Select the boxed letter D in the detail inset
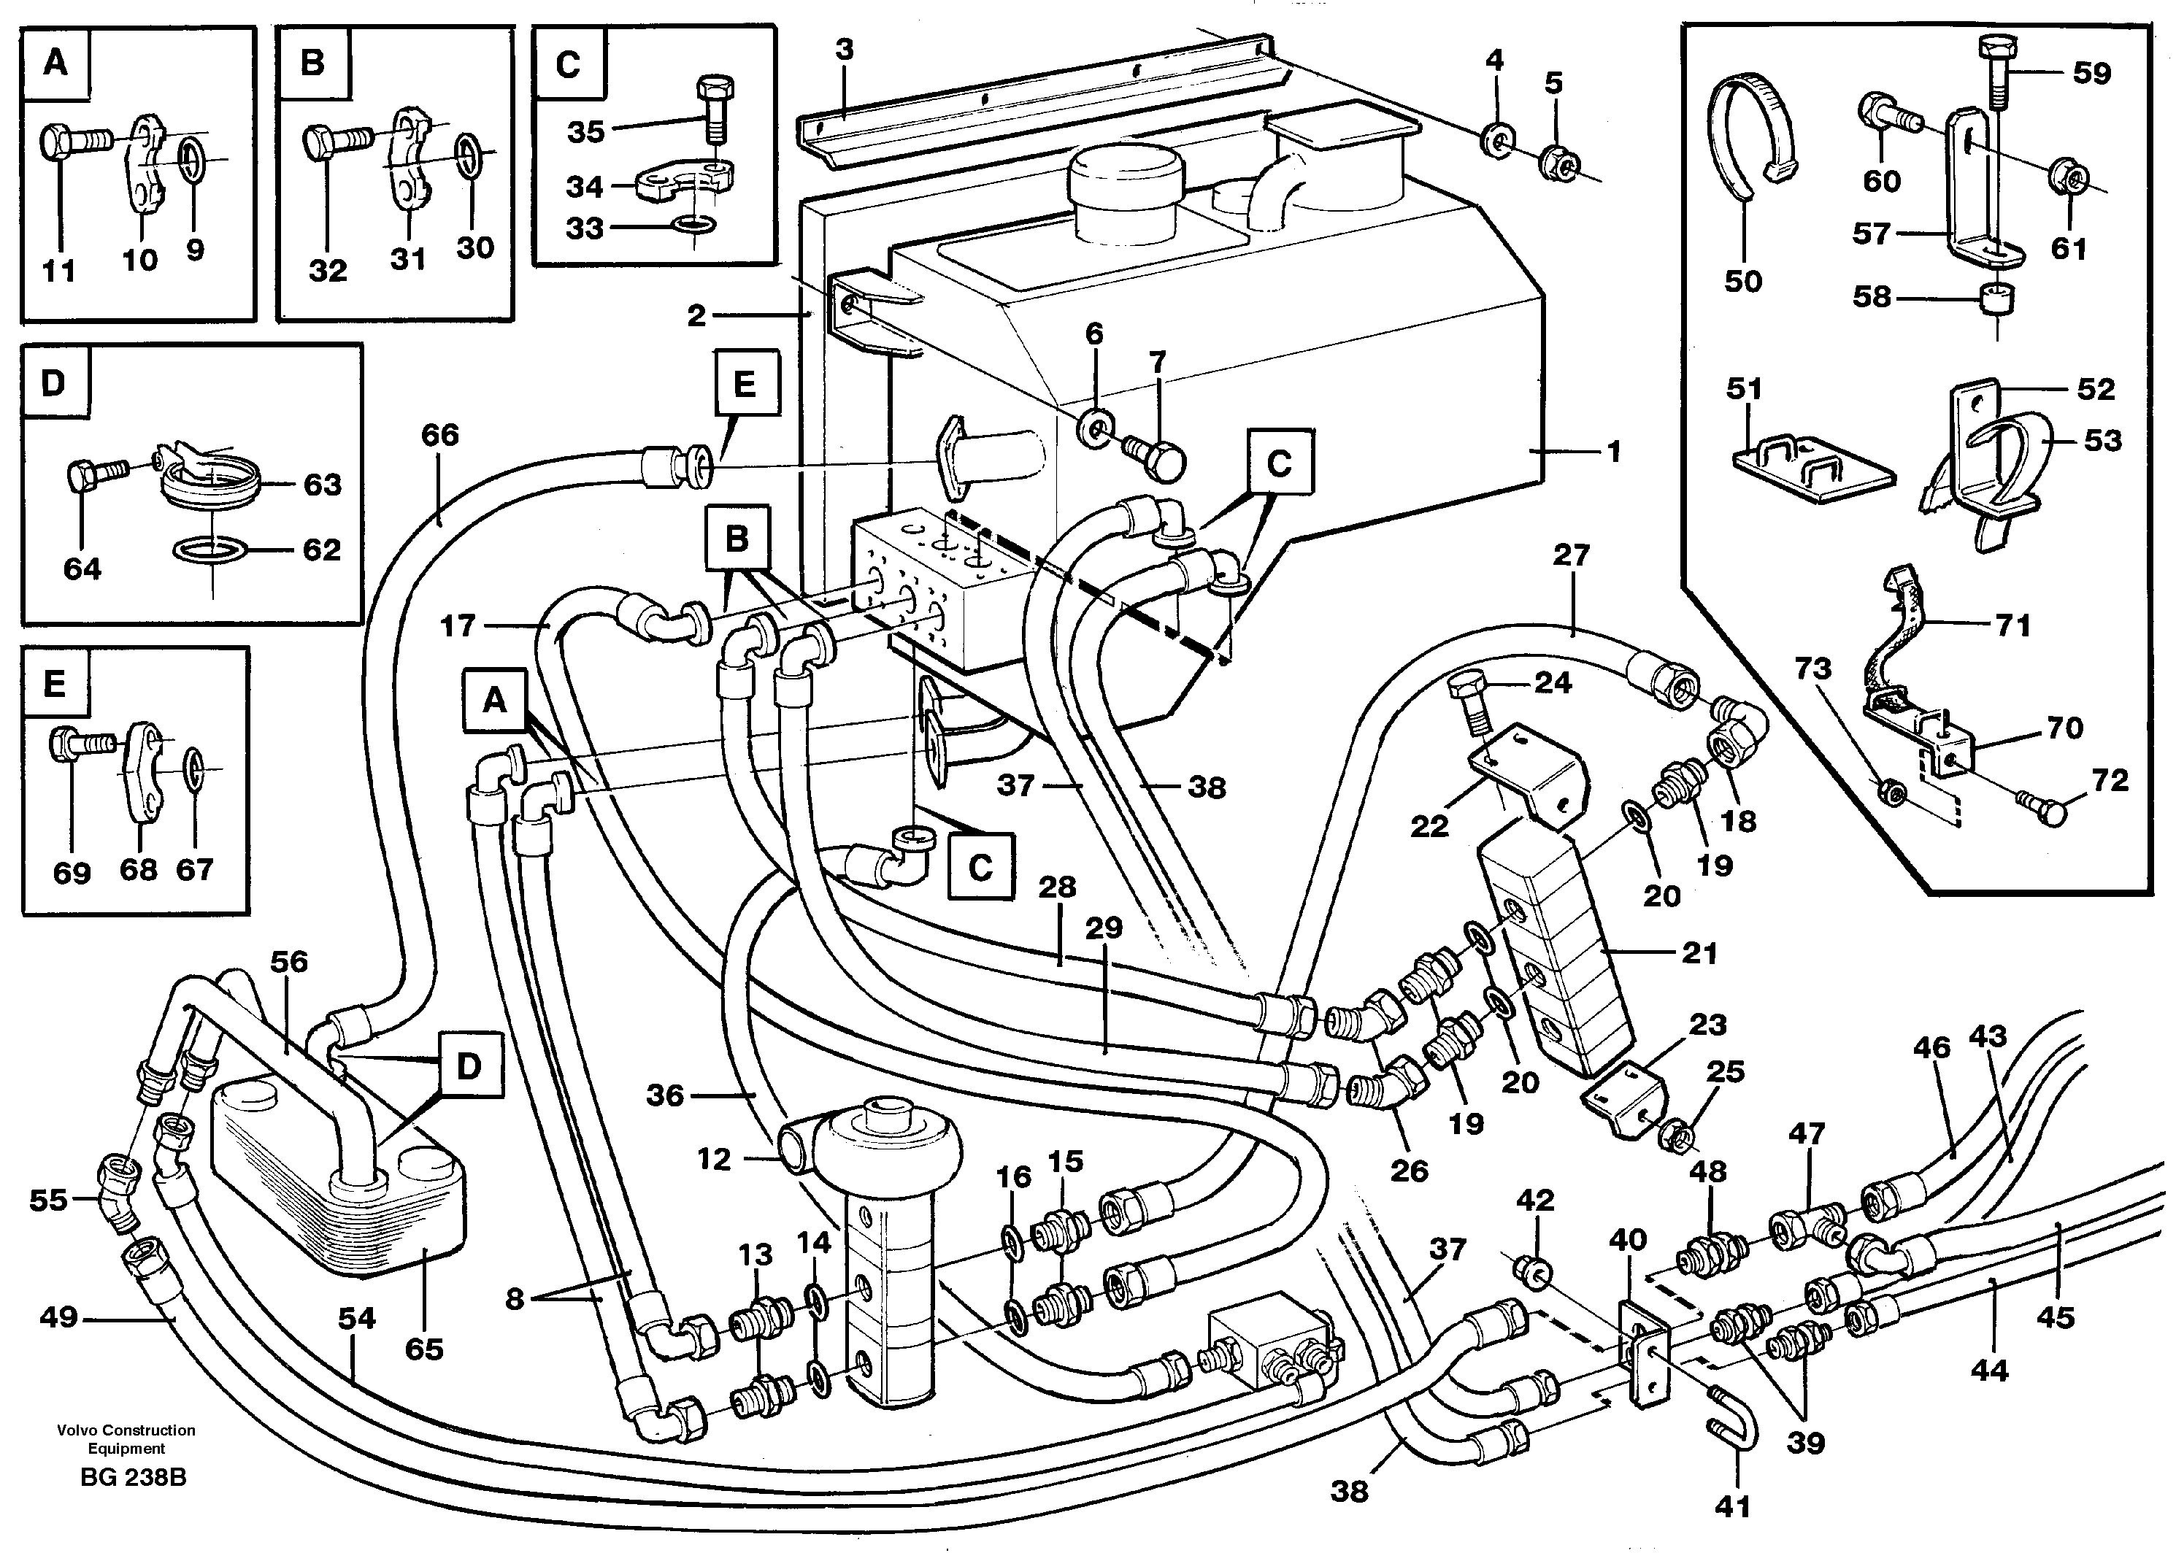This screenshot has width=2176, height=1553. click(x=53, y=385)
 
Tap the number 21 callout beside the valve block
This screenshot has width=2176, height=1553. click(x=1698, y=953)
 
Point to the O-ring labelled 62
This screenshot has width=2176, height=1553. click(x=209, y=551)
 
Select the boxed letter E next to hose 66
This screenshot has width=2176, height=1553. click(x=744, y=385)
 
